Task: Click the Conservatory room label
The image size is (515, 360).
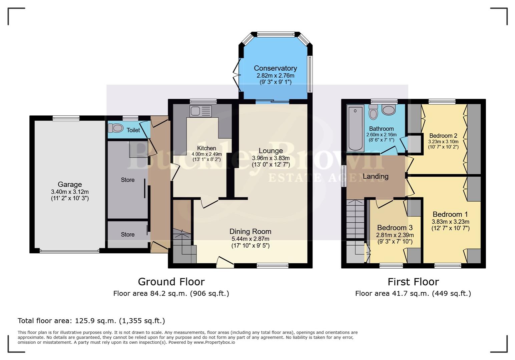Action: tap(275, 68)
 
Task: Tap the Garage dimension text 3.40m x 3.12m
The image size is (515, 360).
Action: tap(70, 192)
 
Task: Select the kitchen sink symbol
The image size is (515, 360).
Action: tap(200, 111)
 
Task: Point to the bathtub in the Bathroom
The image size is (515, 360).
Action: tap(355, 128)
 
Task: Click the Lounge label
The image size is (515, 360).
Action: tap(271, 151)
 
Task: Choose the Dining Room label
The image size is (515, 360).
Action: tap(250, 231)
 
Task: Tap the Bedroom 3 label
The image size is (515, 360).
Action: tap(395, 228)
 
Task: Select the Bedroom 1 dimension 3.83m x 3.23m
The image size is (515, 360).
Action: tap(450, 222)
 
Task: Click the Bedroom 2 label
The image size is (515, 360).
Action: tap(443, 136)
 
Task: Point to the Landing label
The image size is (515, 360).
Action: tap(375, 176)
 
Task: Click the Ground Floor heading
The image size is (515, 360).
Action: tap(171, 282)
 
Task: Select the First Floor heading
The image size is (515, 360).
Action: tap(413, 282)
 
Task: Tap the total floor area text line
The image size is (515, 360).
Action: tap(91, 321)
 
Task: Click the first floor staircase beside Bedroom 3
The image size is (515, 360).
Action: tap(355, 219)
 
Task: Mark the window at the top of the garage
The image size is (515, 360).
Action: tap(66, 118)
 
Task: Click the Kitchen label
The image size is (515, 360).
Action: tap(206, 148)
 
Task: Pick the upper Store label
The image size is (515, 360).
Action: tap(127, 180)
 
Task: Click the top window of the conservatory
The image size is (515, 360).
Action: tap(276, 34)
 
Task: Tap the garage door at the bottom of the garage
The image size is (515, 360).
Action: tap(69, 251)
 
